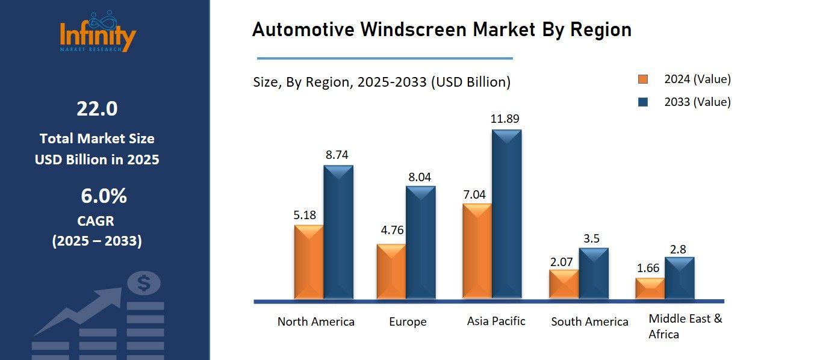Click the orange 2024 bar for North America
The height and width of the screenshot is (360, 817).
pyautogui.click(x=309, y=262)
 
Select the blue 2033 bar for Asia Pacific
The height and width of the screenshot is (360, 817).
pyautogui.click(x=506, y=215)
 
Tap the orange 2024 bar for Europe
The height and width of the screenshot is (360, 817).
pyautogui.click(x=391, y=272)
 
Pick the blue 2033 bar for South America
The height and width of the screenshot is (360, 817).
pyautogui.click(x=594, y=274)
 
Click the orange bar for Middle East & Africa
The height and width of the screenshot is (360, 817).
pyautogui.click(x=650, y=288)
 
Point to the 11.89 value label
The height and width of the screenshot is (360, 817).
pyautogui.click(x=505, y=119)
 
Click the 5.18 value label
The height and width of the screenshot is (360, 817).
pyautogui.click(x=305, y=215)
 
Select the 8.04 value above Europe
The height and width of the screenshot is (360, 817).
pyautogui.click(x=420, y=176)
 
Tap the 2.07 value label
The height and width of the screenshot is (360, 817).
pyautogui.click(x=562, y=261)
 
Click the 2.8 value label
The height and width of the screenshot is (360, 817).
pyautogui.click(x=679, y=249)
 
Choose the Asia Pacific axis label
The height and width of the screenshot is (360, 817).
pyautogui.click(x=496, y=321)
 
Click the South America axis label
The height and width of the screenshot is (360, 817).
pyautogui.click(x=589, y=322)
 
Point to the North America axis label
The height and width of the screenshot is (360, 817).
pyautogui.click(x=315, y=322)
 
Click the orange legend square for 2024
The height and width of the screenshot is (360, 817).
pyautogui.click(x=644, y=79)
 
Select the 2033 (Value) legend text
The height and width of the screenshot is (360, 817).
pyautogui.click(x=697, y=102)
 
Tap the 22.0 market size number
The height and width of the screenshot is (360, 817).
pyautogui.click(x=97, y=109)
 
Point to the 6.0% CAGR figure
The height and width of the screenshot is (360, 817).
pyautogui.click(x=104, y=196)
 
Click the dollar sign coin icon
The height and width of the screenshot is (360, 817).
pyautogui.click(x=143, y=283)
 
